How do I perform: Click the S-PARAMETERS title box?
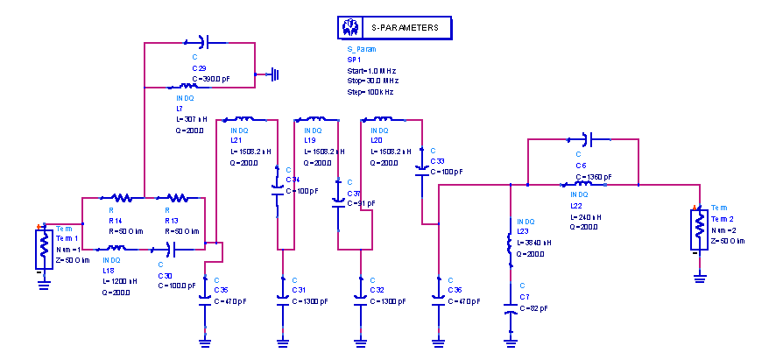[394, 28]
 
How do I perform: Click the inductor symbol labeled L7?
[185, 87]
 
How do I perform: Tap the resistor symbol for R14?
[120, 198]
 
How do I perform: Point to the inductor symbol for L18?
[120, 249]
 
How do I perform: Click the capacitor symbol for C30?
[170, 249]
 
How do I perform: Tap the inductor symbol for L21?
[241, 119]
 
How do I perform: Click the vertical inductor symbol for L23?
[509, 248]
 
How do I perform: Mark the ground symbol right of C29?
[275, 74]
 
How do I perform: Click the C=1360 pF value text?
[594, 176]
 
